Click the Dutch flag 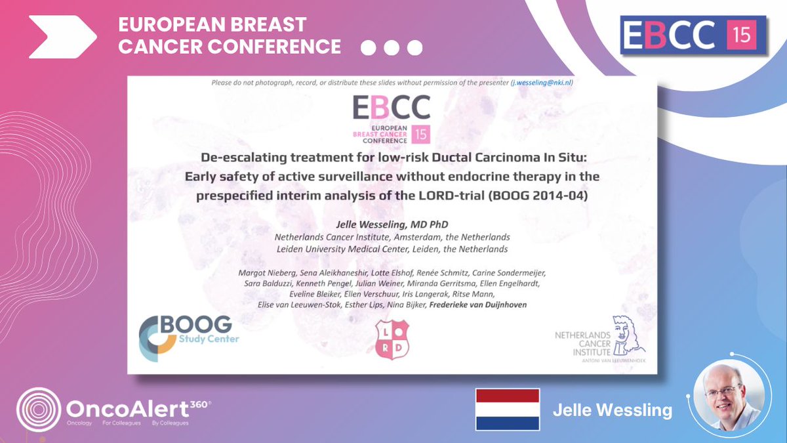pos(507,409)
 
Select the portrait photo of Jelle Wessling pos(727,397)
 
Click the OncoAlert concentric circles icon pos(39,410)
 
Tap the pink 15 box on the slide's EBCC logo pos(421,135)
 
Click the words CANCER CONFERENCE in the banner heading pos(229,47)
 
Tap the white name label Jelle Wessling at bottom pos(613,411)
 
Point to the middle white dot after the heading pos(392,48)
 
